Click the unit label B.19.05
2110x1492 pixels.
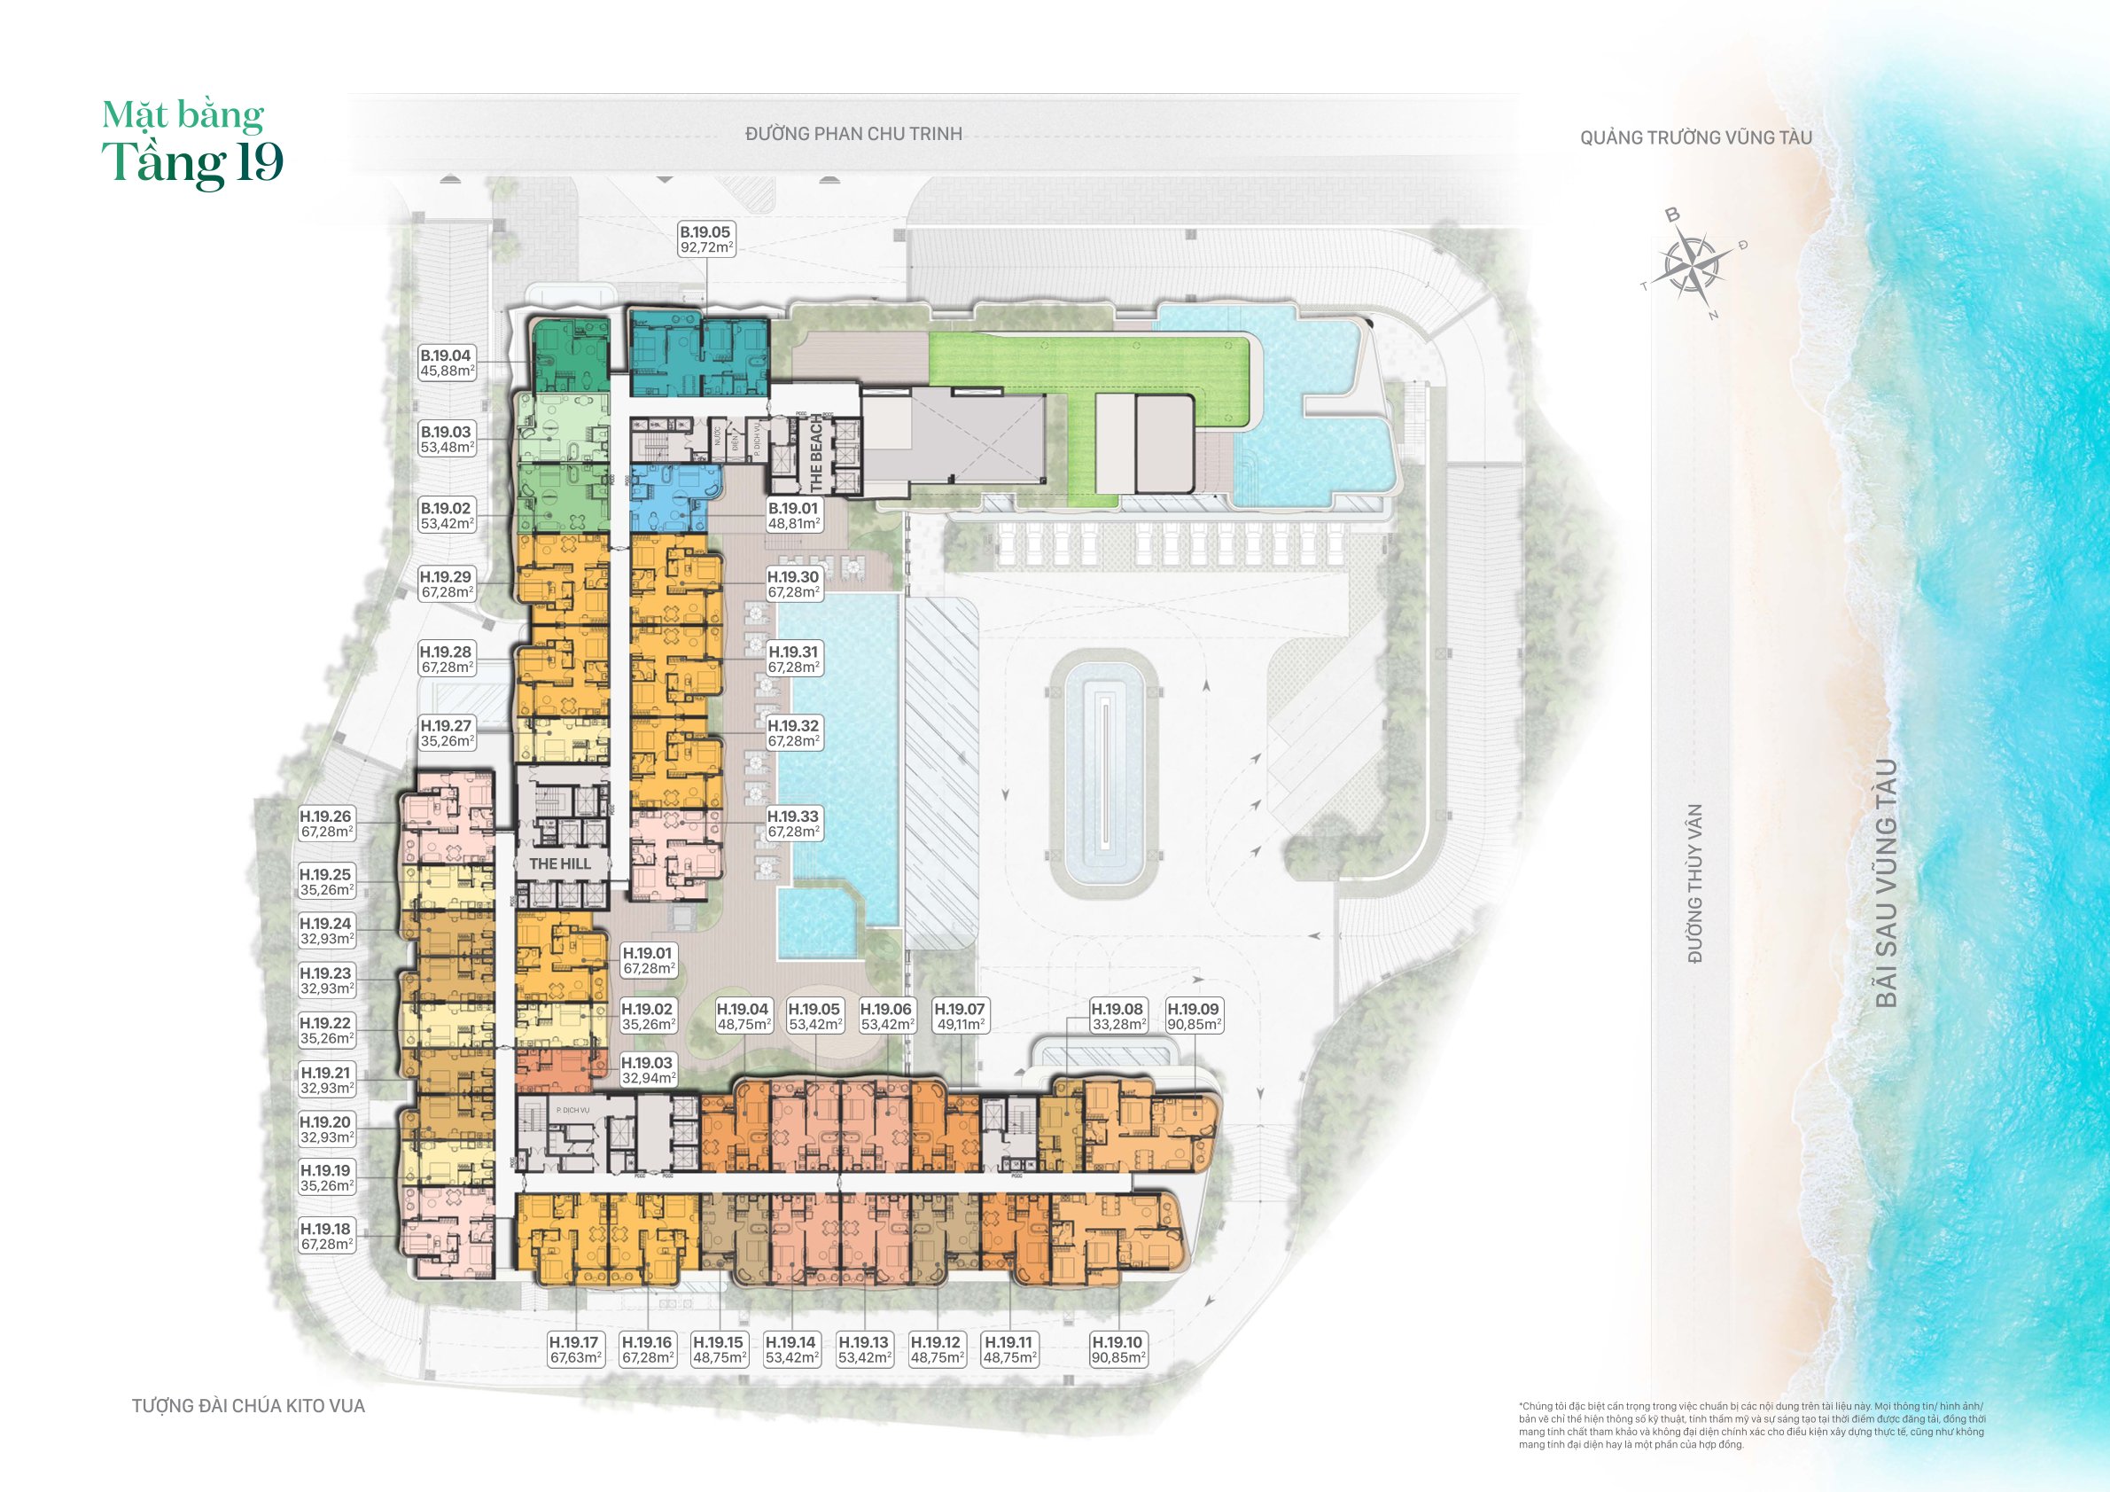[x=705, y=240]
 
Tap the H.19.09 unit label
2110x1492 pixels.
[x=1193, y=1017]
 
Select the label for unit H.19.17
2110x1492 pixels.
[x=574, y=1349]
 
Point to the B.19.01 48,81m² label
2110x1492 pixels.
[x=794, y=516]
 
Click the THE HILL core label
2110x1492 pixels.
[x=560, y=864]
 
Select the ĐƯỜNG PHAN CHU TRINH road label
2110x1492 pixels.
[x=853, y=134]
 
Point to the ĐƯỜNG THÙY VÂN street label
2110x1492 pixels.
[x=1695, y=882]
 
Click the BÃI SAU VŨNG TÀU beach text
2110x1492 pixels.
[x=1886, y=882]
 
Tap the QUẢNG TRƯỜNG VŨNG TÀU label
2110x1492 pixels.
[x=1695, y=138]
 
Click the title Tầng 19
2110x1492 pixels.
[x=193, y=163]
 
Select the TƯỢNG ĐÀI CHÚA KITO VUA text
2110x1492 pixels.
[x=248, y=1406]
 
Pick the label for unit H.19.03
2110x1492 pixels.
[x=648, y=1070]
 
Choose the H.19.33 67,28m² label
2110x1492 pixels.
[x=794, y=824]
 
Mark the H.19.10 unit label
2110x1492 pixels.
[x=1117, y=1349]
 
